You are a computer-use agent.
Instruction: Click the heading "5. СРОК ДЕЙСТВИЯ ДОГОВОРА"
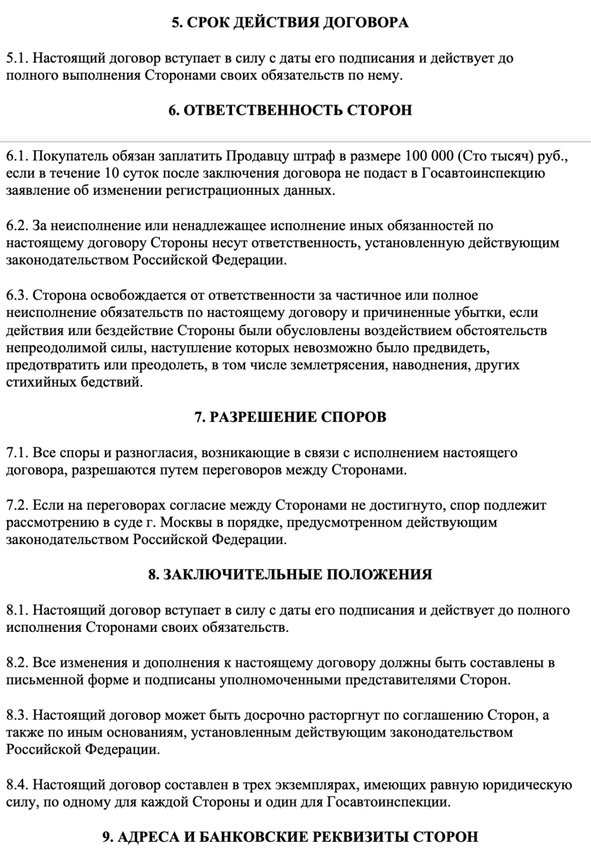coord(290,23)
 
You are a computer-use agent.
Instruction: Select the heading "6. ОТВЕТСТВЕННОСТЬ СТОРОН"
coord(290,110)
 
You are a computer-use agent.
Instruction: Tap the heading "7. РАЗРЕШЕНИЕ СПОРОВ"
coord(290,417)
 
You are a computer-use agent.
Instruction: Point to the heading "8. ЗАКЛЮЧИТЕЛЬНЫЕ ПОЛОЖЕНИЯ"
coord(290,574)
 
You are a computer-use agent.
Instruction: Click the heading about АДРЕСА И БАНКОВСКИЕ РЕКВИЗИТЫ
coord(290,837)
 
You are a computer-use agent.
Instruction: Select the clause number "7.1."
coord(17,453)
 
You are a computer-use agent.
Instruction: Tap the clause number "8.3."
coord(17,715)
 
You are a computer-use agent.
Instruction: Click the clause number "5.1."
coord(17,58)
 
